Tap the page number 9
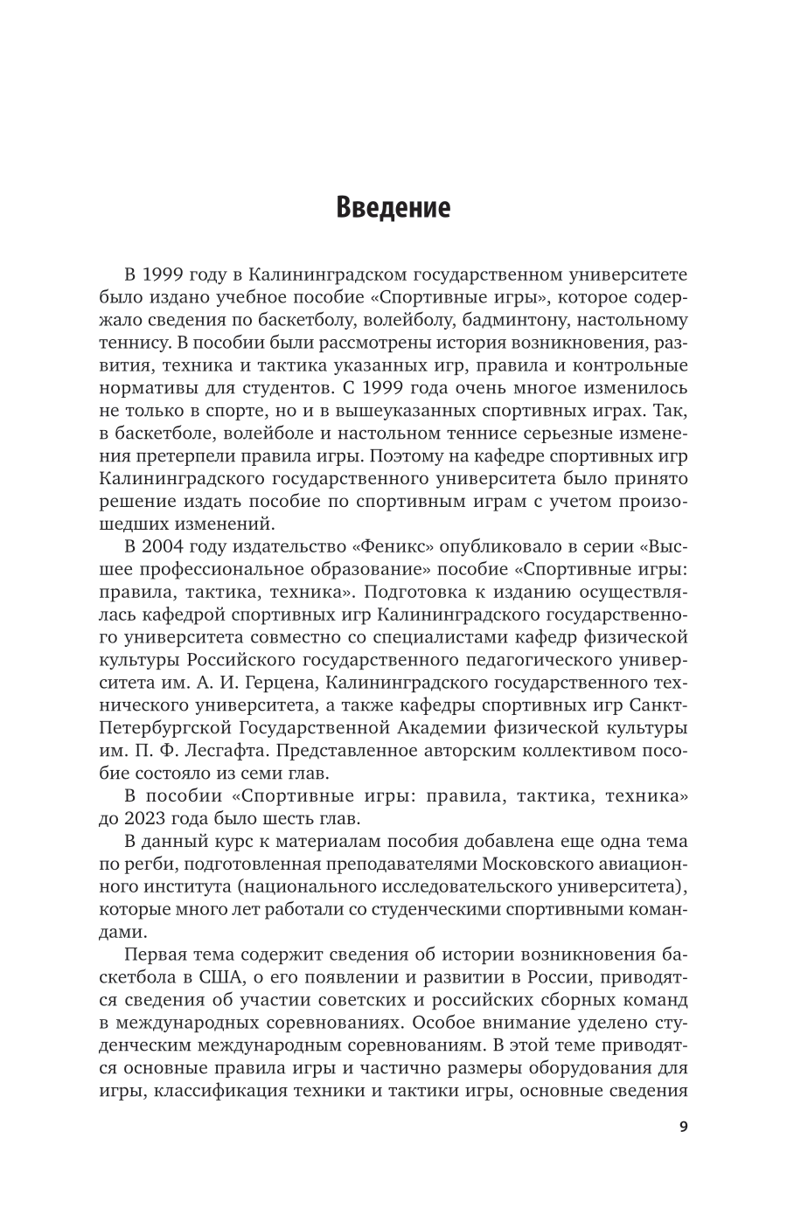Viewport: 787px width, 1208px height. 683,1127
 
